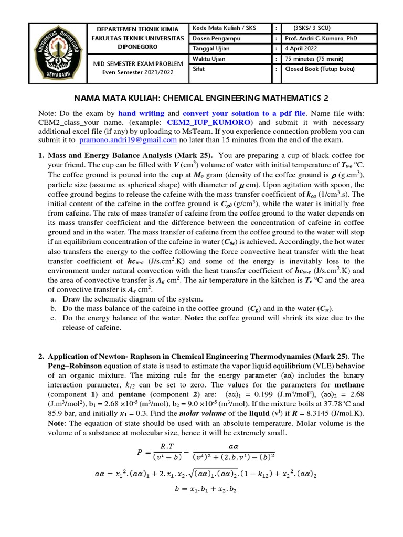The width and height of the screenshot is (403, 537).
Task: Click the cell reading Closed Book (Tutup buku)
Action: coord(320,68)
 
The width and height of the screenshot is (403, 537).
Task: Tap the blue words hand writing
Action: coord(141,113)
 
